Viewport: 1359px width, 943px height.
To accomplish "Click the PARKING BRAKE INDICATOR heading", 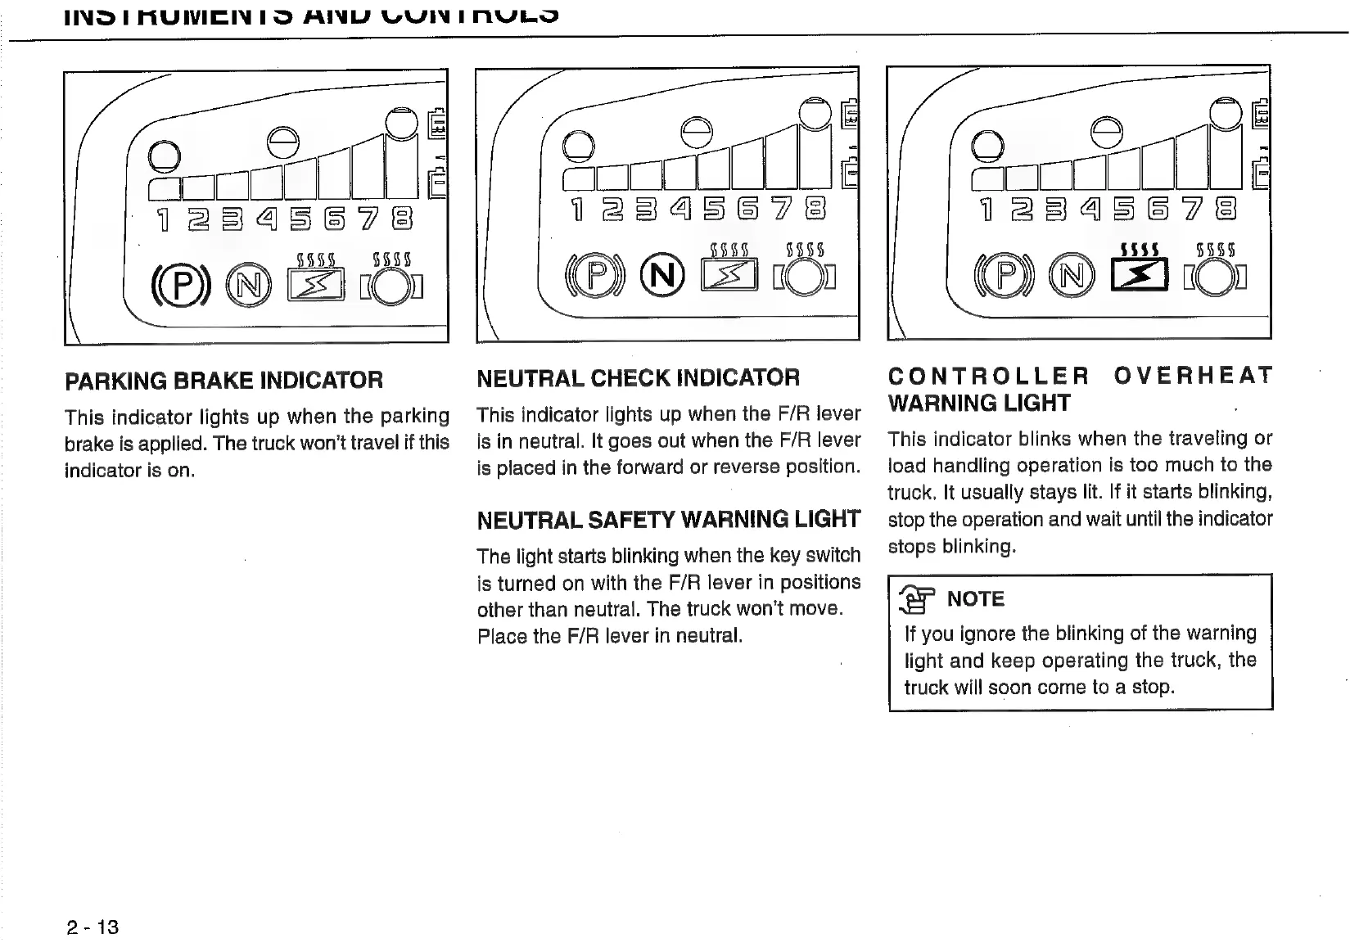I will [223, 381].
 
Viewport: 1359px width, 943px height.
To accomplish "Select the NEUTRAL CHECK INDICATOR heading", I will [638, 378].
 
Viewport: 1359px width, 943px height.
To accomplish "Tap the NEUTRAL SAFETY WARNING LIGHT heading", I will [668, 520].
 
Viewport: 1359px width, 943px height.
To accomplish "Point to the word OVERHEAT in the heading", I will [1193, 376].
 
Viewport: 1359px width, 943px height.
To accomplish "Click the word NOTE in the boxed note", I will [975, 599].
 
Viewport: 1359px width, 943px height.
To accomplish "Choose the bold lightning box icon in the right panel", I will [1139, 275].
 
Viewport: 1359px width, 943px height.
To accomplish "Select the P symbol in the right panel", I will [1005, 276].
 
